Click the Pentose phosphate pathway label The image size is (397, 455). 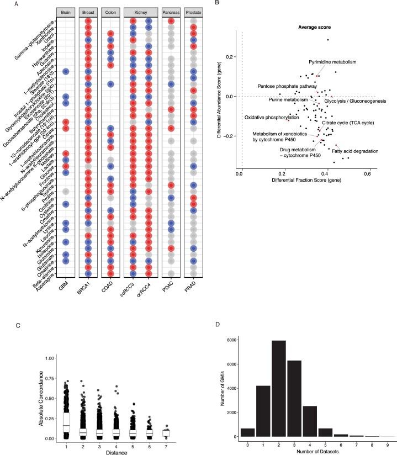286,86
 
